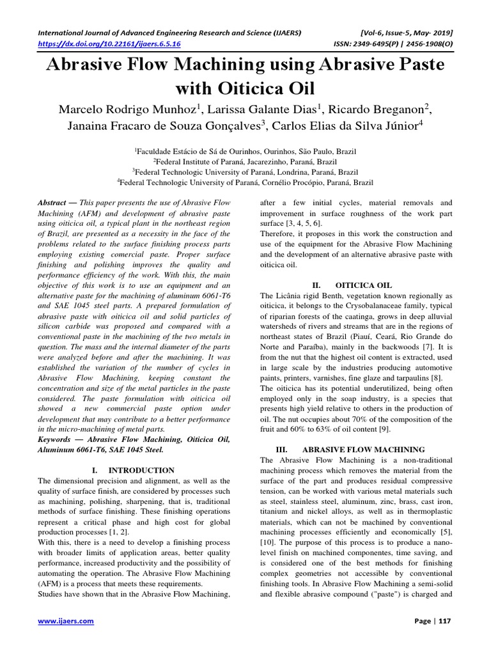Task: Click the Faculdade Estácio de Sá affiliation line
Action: pos(245,152)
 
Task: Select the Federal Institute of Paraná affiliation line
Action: pos(245,162)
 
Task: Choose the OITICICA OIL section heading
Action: pos(363,285)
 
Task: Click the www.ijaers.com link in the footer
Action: pos(66,621)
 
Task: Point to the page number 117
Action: pos(444,621)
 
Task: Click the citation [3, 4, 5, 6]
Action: pos(302,223)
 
